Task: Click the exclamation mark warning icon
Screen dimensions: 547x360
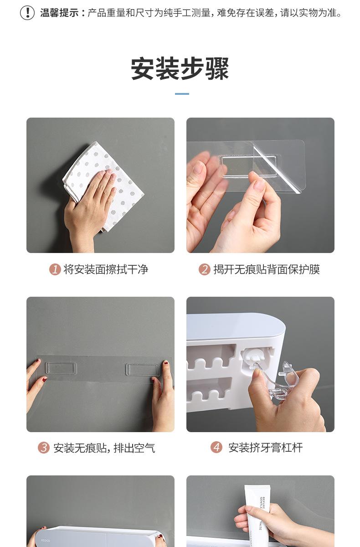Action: [27, 12]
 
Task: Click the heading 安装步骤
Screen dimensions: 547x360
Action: [180, 69]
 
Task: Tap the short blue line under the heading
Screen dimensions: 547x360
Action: [182, 94]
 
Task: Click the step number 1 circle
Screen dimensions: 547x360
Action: [55, 269]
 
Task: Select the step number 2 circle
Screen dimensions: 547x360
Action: [204, 269]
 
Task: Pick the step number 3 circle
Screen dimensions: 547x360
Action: [43, 448]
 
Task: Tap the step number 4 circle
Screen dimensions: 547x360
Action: [216, 448]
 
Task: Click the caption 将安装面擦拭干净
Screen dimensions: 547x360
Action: [106, 269]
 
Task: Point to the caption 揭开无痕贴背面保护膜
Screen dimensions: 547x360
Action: [267, 269]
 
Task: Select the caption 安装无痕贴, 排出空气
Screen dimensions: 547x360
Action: [104, 448]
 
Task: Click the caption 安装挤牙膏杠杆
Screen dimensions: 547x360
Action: [265, 448]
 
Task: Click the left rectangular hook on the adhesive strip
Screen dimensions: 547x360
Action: [61, 368]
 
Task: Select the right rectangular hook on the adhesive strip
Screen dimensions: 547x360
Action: [143, 369]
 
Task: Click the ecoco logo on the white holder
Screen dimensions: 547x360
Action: [46, 541]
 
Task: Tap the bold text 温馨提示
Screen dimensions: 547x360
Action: [59, 13]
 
